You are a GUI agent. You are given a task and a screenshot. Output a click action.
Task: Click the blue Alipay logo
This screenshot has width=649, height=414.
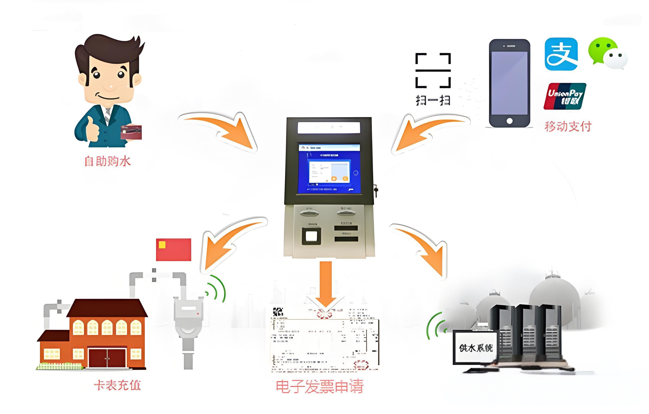561,54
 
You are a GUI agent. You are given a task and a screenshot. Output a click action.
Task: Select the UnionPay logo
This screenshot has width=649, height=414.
565,96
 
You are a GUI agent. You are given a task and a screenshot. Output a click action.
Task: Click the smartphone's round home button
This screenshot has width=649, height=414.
509,121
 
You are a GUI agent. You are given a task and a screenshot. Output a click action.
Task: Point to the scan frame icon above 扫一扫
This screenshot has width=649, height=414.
433,70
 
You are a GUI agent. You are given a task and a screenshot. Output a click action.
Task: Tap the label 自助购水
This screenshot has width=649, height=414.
108,161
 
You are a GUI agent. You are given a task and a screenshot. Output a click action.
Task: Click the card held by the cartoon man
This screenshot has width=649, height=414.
131,132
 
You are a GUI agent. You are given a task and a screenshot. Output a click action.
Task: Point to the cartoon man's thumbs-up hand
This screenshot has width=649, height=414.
92,129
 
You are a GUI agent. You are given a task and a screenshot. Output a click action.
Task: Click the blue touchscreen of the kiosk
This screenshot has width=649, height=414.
329,169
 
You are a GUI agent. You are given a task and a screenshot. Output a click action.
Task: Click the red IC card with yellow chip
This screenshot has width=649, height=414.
174,250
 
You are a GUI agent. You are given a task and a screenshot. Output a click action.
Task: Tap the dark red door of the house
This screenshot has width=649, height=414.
107,358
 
